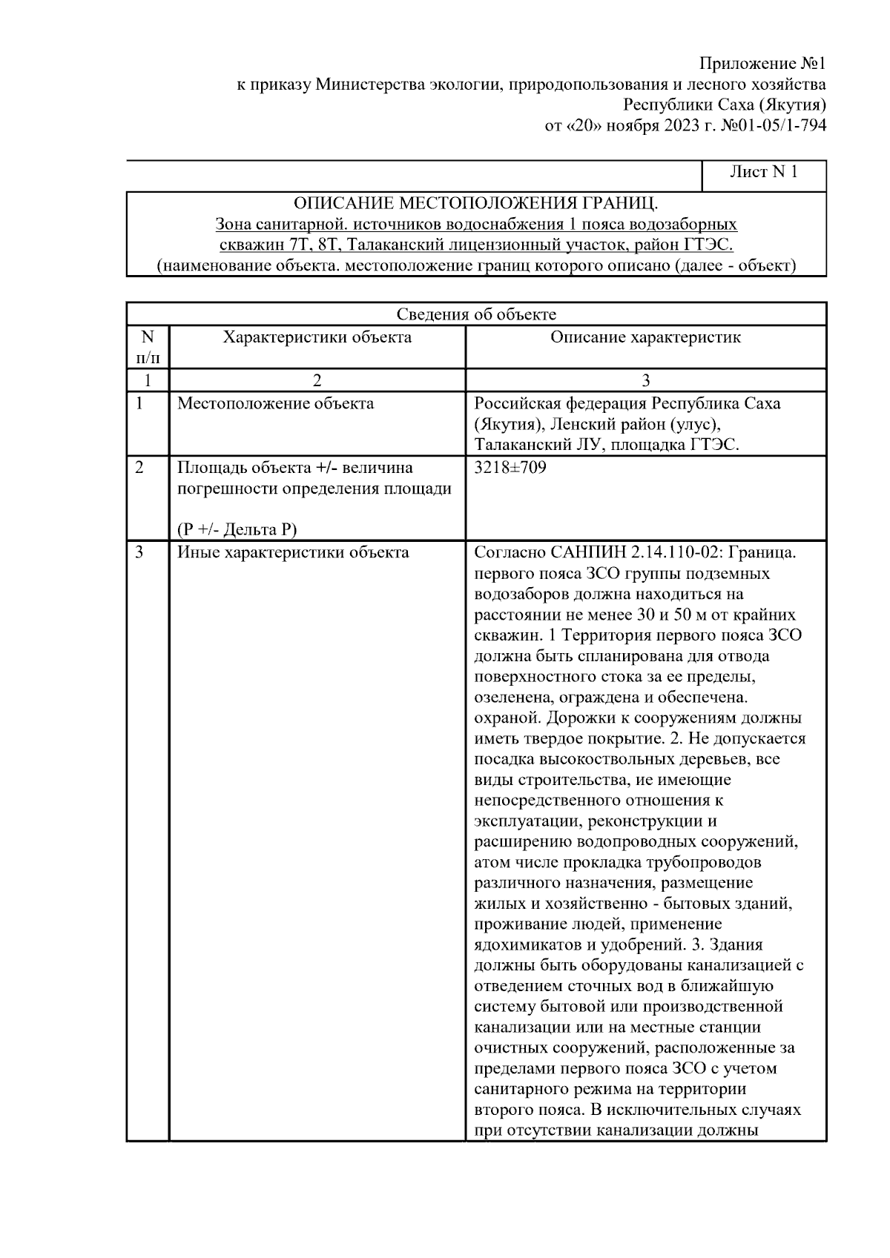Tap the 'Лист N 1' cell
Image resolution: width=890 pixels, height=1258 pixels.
click(x=763, y=173)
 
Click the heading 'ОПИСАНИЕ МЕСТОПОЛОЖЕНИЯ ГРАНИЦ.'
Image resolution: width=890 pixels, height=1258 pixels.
click(x=475, y=203)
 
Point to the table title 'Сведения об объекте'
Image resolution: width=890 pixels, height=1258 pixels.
click(x=475, y=314)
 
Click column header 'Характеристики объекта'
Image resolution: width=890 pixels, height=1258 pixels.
click(x=317, y=338)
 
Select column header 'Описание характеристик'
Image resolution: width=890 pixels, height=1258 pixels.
click(x=645, y=338)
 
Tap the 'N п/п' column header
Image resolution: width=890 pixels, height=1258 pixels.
click(x=148, y=348)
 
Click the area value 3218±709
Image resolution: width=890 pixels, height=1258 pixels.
click(x=510, y=469)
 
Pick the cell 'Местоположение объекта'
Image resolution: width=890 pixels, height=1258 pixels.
click(x=275, y=404)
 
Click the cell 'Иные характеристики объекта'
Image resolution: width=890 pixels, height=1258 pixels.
click(x=293, y=552)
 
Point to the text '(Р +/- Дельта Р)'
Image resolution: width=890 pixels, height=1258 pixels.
click(x=237, y=529)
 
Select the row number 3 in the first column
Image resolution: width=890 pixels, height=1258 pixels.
click(x=140, y=552)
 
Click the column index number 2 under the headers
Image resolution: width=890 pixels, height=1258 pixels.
click(x=317, y=381)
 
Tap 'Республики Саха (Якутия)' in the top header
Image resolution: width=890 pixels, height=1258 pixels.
click(x=725, y=105)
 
